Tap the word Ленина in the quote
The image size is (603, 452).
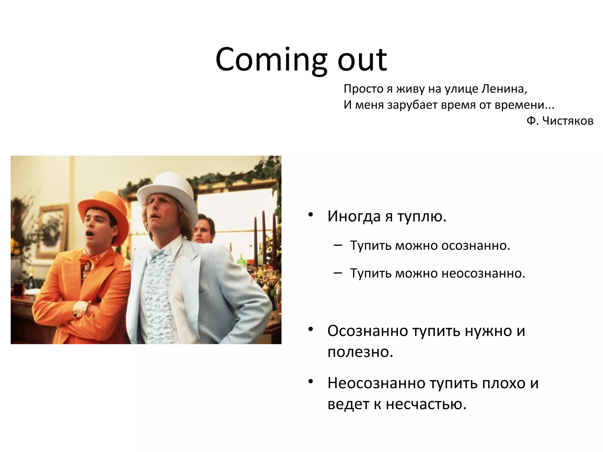(503, 89)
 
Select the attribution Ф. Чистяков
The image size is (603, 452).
(560, 121)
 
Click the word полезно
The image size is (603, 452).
(360, 352)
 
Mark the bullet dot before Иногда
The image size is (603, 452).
(310, 215)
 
